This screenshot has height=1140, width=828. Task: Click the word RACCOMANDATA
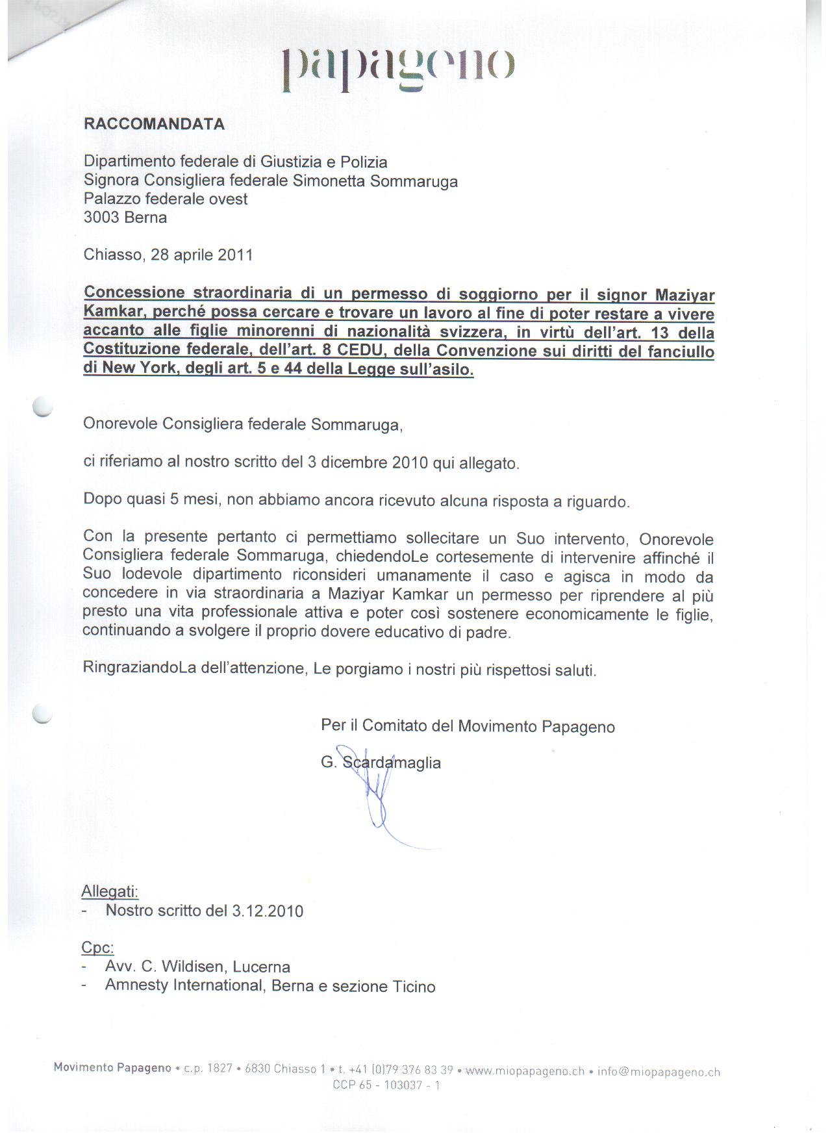(x=154, y=124)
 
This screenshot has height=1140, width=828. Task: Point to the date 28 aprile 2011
(x=201, y=255)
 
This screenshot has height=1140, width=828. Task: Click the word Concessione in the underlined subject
(x=134, y=293)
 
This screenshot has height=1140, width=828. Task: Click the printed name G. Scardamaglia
(x=381, y=763)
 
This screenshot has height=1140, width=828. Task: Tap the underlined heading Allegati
(x=110, y=891)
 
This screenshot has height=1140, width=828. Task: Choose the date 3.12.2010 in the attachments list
(x=268, y=911)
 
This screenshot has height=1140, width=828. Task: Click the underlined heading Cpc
(x=97, y=947)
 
